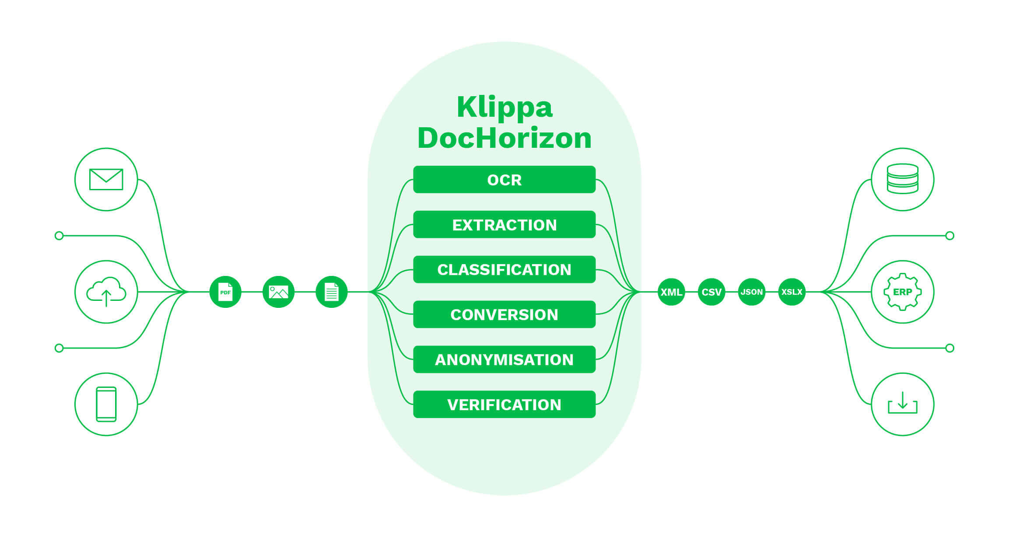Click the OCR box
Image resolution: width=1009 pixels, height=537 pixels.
click(x=504, y=179)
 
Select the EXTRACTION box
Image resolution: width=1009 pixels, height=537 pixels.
click(x=504, y=224)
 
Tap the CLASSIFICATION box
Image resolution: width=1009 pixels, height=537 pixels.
click(x=504, y=269)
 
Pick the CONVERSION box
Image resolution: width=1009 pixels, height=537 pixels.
click(x=504, y=314)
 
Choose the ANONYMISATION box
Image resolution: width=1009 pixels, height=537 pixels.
click(x=504, y=359)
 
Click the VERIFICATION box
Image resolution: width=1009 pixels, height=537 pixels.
click(x=504, y=404)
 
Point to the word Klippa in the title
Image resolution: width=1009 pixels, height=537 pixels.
click(x=504, y=107)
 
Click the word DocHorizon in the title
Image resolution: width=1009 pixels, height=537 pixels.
click(x=504, y=138)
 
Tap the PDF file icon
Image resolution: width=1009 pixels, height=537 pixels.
click(x=225, y=292)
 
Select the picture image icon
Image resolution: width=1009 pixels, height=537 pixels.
click(x=278, y=292)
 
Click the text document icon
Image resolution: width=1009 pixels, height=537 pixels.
click(x=331, y=292)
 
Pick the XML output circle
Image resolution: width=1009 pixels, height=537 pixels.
click(x=671, y=292)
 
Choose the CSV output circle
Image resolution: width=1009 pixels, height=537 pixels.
click(x=711, y=292)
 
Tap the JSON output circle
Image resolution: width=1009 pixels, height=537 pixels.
click(x=752, y=292)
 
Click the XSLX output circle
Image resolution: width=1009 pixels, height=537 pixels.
click(x=792, y=292)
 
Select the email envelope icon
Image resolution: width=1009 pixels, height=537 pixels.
click(x=106, y=179)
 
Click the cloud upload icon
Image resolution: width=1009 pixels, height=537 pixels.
click(x=106, y=292)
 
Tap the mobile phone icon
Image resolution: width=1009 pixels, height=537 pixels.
click(x=106, y=404)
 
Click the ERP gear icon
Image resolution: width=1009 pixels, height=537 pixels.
click(x=903, y=292)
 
